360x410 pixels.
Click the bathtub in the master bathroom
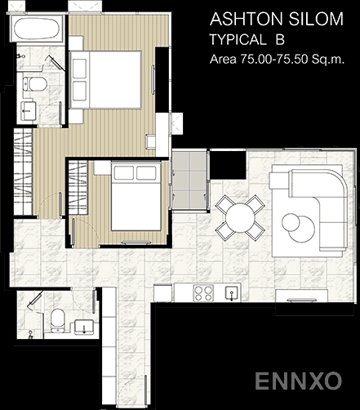[x=36, y=29]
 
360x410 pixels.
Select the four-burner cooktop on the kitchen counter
[x=203, y=293]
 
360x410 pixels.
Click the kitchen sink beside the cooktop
[x=231, y=293]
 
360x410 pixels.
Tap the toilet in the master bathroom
[x=34, y=84]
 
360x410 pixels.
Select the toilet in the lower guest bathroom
[x=58, y=320]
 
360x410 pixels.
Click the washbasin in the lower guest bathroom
[x=84, y=327]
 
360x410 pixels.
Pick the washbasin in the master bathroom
[x=28, y=111]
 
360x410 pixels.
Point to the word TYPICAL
[x=238, y=40]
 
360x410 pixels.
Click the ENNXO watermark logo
[x=298, y=381]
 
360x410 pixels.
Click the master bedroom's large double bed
[x=105, y=80]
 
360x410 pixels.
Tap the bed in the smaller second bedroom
[x=136, y=195]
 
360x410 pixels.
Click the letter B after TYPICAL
[x=280, y=40]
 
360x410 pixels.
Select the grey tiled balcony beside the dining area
[x=189, y=180]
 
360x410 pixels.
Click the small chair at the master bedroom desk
[x=150, y=141]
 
